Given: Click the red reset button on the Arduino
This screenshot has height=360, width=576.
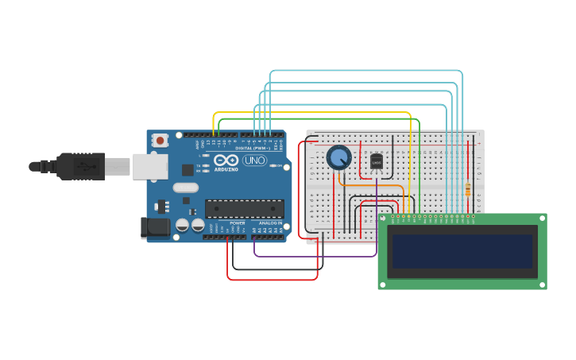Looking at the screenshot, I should point(160,141).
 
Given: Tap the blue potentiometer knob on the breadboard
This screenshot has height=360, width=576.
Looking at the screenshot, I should point(339,157).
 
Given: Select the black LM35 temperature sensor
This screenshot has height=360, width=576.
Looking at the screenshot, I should point(377,162).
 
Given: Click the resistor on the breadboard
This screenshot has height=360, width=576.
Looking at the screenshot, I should point(467,190).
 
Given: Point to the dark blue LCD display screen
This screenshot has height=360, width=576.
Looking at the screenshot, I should point(462,251).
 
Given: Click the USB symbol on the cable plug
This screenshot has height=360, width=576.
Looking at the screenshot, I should point(83,167).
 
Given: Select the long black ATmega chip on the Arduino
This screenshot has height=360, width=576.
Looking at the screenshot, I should point(244,209).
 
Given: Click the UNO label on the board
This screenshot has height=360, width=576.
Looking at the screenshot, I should point(254,160).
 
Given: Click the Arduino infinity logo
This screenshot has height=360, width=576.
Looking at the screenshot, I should point(226,160).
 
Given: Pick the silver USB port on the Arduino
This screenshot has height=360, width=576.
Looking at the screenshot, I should point(149,166).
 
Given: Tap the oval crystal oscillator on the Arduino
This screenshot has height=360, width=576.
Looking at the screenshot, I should point(185,188).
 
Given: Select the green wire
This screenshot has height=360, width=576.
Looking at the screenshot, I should point(318,119).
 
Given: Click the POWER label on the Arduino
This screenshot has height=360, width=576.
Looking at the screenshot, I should point(237,223).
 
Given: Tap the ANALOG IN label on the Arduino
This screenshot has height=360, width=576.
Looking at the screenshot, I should point(269,223).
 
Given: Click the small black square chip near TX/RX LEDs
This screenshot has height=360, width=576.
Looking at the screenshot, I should point(187,169).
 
